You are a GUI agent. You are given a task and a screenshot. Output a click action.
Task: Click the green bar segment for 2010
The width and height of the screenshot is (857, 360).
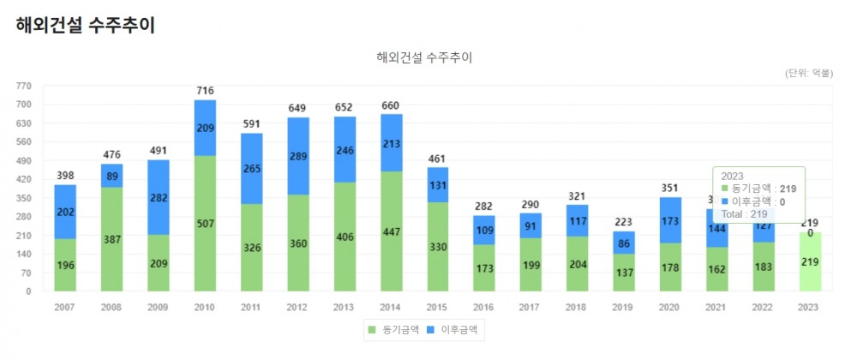pos(205,223)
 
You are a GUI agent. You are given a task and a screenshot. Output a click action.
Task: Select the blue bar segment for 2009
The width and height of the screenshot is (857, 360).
pos(159,197)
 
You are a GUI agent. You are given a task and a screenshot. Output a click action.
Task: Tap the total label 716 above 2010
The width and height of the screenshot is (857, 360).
pos(205,91)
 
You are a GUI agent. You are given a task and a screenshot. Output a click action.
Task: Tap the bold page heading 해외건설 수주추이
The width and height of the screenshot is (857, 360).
pos(85,26)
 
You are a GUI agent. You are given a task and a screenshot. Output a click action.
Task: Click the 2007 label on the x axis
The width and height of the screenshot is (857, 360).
pos(65,307)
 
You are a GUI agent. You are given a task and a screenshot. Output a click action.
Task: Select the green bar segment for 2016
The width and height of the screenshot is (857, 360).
pos(484,267)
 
